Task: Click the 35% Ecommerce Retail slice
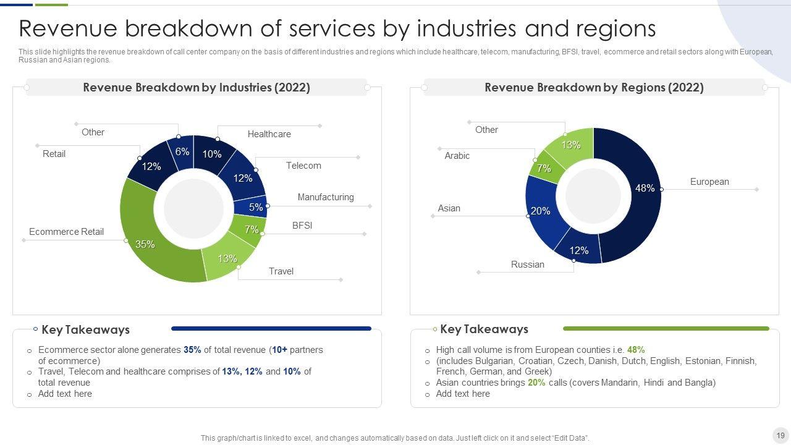click(x=154, y=247)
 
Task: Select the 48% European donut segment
click(x=637, y=204)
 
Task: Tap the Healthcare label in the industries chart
click(x=269, y=134)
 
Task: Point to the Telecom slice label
click(x=303, y=166)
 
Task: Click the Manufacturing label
click(x=326, y=197)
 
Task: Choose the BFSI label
click(x=302, y=226)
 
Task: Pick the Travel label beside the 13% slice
click(x=281, y=271)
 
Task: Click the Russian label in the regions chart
click(x=528, y=265)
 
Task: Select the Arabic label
click(x=457, y=156)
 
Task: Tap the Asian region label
click(x=449, y=208)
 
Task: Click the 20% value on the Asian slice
click(x=541, y=211)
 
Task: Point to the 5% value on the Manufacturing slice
click(x=256, y=208)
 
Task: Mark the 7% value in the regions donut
click(x=544, y=168)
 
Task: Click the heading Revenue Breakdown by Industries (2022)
click(x=197, y=88)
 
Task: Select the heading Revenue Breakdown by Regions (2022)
click(x=594, y=88)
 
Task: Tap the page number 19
click(x=780, y=435)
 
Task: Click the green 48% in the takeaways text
click(x=636, y=350)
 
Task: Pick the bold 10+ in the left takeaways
click(x=279, y=350)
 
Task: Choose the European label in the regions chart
click(x=709, y=182)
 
